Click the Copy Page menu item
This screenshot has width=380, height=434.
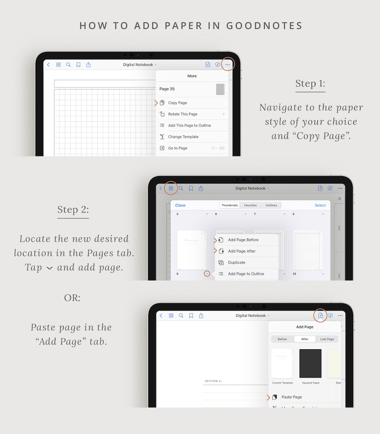click(x=178, y=103)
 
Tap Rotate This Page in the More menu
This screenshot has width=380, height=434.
click(x=182, y=114)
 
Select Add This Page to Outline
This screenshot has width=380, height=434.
click(x=189, y=125)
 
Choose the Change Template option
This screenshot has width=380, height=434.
click(x=183, y=137)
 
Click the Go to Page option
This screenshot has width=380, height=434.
click(x=178, y=148)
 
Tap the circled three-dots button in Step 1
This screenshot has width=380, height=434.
click(x=228, y=65)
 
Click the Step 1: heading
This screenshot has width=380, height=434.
click(x=310, y=84)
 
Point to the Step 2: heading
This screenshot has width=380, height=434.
click(x=73, y=210)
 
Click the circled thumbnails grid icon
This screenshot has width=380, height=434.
click(x=171, y=189)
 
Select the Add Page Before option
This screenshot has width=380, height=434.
click(x=243, y=240)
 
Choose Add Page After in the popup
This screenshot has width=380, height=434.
click(x=242, y=251)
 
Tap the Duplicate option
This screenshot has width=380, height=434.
click(x=236, y=263)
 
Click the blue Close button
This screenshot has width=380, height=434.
click(x=180, y=205)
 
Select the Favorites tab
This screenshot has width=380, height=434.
click(x=250, y=205)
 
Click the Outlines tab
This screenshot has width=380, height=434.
click(x=271, y=205)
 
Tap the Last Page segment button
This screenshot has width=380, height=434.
click(x=327, y=339)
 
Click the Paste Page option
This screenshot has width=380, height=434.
click(x=291, y=397)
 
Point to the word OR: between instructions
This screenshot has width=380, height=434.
click(x=72, y=298)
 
